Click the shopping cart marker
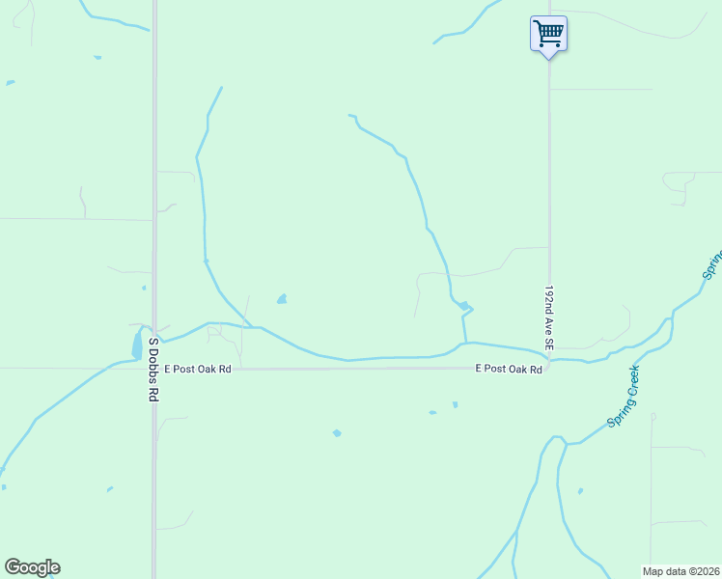(x=548, y=35)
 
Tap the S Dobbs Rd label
(x=153, y=370)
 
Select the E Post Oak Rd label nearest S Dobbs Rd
(x=199, y=369)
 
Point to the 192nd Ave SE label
(x=548, y=317)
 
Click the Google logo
(x=32, y=567)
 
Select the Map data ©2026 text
(x=680, y=571)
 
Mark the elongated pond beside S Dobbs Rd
(x=136, y=345)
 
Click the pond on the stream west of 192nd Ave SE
(x=465, y=306)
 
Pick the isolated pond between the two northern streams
(x=282, y=299)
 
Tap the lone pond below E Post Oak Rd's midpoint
(x=337, y=432)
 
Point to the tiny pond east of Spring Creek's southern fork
(x=580, y=491)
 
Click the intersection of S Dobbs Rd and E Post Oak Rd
(x=154, y=368)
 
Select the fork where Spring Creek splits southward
(x=566, y=444)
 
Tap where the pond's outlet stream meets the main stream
(x=465, y=343)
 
